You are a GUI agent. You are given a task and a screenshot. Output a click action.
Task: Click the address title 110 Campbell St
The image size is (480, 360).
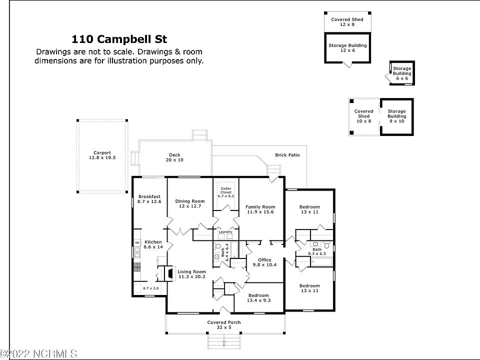119,39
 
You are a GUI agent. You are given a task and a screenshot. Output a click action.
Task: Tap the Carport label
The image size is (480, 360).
102,155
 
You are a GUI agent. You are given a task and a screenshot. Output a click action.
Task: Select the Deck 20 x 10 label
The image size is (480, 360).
174,157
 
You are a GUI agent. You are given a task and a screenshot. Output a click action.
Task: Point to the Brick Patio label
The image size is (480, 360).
287,155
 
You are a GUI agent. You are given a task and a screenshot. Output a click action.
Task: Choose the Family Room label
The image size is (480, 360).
260,209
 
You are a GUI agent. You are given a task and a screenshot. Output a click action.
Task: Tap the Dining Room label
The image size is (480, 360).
190,203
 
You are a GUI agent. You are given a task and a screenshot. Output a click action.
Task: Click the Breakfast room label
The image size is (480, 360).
149,199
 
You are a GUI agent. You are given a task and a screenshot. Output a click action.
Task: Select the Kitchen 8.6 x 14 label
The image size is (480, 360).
153,244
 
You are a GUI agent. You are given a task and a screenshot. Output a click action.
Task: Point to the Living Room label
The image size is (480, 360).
192,274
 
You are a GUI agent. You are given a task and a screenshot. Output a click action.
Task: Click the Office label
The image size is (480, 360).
264,262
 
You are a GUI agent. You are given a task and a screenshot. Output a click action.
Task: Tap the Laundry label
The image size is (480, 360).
225,231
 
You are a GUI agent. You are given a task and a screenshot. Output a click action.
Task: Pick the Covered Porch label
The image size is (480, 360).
224,325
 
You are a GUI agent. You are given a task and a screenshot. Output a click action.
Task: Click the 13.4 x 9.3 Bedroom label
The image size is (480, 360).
258,298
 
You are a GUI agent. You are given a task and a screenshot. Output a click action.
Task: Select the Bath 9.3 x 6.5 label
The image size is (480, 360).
317,251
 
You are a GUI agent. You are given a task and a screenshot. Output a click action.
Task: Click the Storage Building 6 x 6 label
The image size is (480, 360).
402,73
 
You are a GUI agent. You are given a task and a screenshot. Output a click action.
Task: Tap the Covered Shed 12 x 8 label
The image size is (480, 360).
347,22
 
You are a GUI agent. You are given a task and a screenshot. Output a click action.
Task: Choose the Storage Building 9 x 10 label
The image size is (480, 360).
397,116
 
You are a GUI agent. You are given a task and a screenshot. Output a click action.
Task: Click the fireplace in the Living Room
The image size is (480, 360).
170,273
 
